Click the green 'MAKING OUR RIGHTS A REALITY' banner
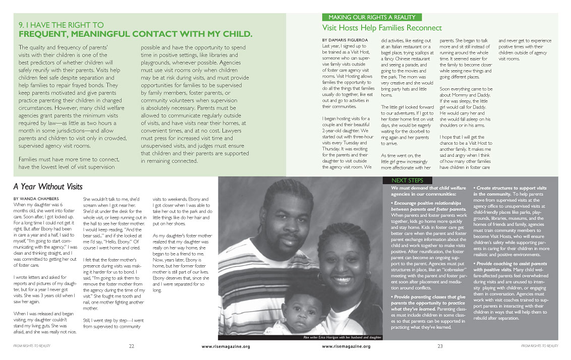[x=372, y=18]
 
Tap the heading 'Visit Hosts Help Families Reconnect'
[x=382, y=28]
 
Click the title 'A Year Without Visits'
[x=47, y=187]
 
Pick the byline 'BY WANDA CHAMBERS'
[x=35, y=199]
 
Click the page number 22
[x=131, y=346]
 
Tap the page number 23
[x=440, y=346]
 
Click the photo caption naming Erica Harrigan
[x=341, y=337]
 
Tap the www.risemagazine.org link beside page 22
[x=225, y=346]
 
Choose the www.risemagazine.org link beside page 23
[x=346, y=346]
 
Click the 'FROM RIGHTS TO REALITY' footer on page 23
[x=539, y=346]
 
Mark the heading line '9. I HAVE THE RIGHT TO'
[x=61, y=25]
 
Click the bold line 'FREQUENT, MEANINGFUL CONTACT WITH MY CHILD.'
[x=135, y=34]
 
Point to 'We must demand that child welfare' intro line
[x=427, y=188]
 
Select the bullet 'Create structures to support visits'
[x=510, y=188]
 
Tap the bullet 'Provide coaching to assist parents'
[x=510, y=263]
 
